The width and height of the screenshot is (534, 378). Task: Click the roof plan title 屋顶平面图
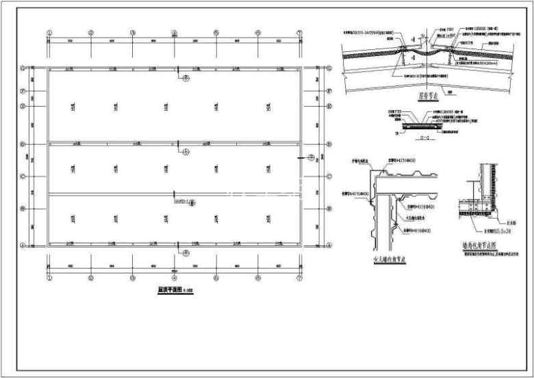173,290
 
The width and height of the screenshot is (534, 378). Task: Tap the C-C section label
404,137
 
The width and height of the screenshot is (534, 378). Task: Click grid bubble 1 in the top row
49,33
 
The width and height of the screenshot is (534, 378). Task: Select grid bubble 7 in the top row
299,33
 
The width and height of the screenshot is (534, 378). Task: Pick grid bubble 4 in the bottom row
174,279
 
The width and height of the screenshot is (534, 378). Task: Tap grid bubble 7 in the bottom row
299,279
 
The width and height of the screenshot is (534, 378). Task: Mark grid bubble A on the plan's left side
23,245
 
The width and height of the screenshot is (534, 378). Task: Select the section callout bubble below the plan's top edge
185,79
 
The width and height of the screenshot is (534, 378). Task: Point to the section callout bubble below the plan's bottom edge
185,254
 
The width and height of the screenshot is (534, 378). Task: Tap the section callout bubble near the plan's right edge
311,158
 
